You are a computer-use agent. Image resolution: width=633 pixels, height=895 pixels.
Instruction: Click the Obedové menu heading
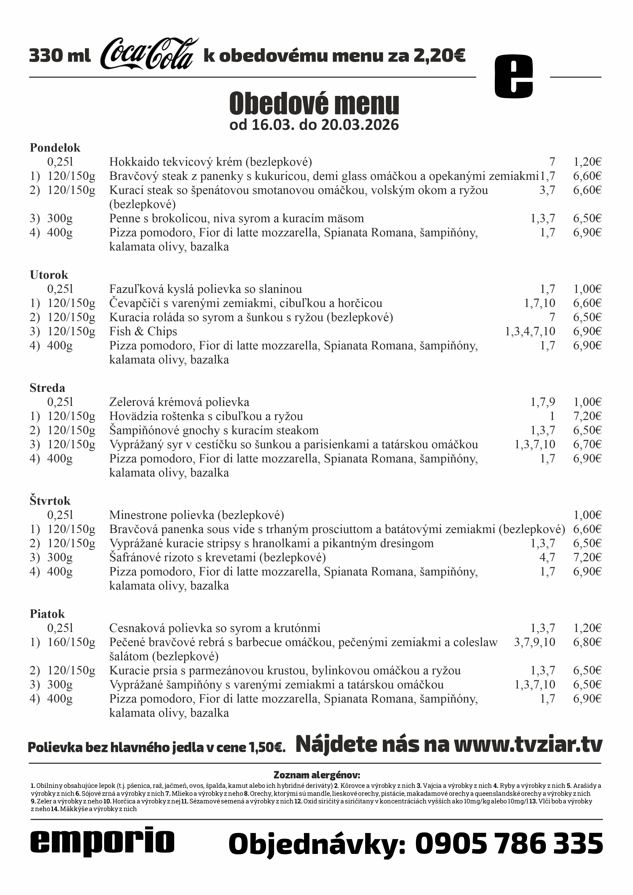(314, 103)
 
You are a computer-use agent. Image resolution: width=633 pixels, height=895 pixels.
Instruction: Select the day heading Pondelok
(55, 148)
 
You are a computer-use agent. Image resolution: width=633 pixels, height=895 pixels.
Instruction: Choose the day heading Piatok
(47, 614)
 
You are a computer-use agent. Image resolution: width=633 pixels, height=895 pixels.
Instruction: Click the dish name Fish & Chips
(143, 331)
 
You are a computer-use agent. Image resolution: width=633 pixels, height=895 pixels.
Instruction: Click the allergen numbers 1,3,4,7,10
(530, 331)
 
